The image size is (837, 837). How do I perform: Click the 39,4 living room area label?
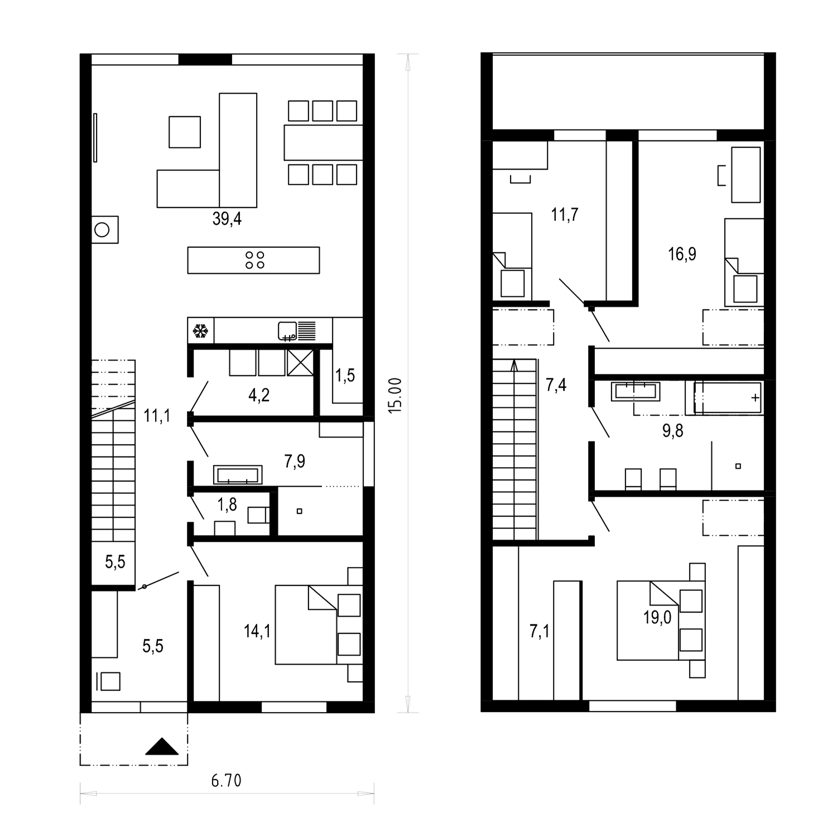coord(227,219)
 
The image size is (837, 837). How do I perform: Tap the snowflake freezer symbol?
coord(200,331)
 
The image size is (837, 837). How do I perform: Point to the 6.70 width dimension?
coord(226,780)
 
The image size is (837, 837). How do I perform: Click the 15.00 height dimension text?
coord(395,395)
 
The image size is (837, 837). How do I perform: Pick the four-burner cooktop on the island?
coord(255,260)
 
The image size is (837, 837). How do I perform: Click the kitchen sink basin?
coord(287,331)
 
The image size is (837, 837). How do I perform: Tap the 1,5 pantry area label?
coord(345,376)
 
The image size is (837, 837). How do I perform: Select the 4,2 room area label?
coord(259,396)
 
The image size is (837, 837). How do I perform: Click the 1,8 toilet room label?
coord(227,505)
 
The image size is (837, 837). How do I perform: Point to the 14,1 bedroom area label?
coord(257,631)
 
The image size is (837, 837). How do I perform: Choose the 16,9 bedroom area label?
coord(682,254)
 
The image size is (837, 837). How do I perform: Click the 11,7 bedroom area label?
coord(565,214)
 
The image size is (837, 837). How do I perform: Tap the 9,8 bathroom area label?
coord(672,431)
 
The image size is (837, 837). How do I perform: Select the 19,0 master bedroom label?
coord(657,618)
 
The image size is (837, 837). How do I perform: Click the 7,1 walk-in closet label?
coord(539,632)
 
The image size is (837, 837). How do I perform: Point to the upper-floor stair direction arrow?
coord(514,366)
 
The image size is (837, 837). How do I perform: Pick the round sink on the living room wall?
coord(102,229)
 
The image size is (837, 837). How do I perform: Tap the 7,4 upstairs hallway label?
coord(556,384)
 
